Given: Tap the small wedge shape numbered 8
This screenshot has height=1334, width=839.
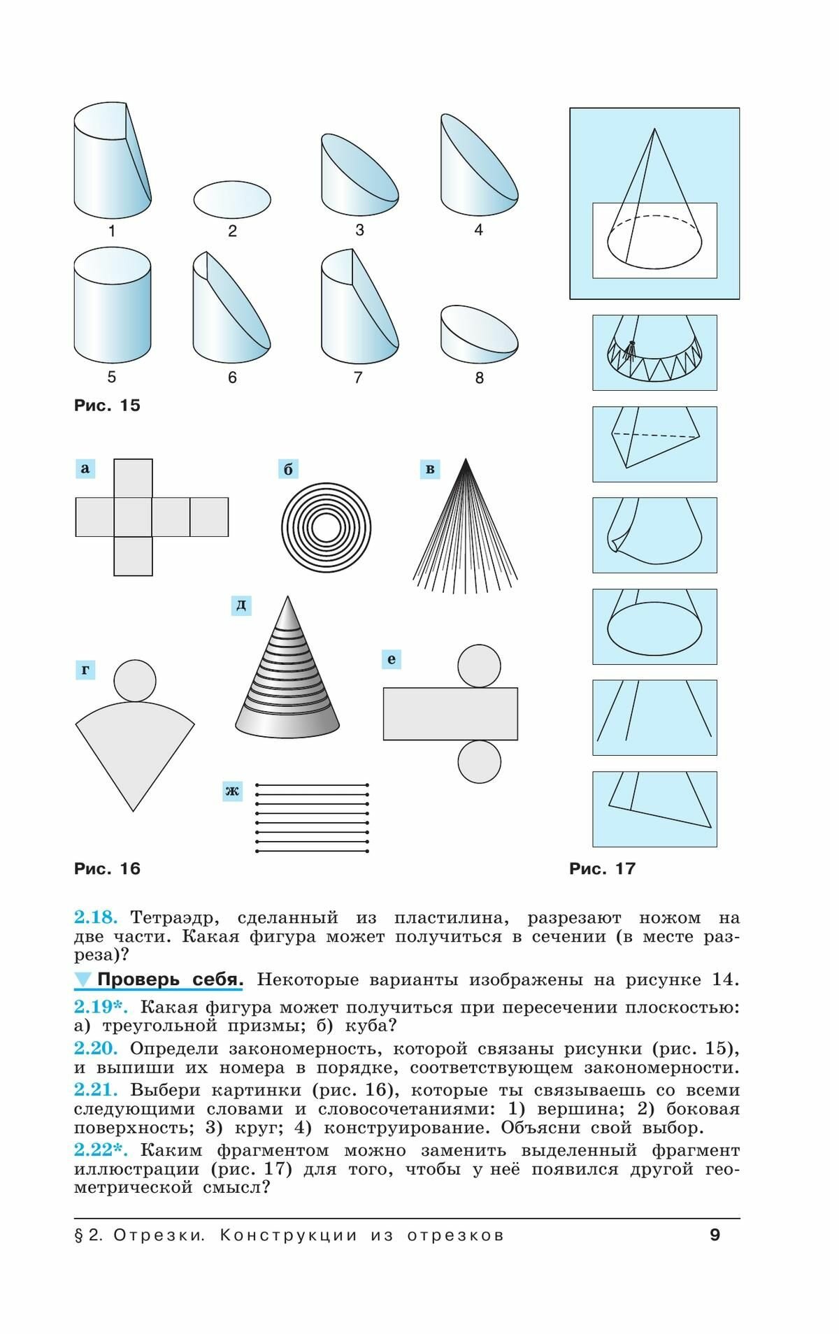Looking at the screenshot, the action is coord(480,334).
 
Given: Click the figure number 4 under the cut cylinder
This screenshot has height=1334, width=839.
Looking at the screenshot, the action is coord(479,229).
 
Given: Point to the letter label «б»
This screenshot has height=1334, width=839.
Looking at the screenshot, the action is coord(288,469).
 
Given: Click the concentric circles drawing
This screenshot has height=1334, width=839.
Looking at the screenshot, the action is coord(326,528).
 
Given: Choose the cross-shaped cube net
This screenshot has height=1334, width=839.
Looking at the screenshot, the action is coord(152,517).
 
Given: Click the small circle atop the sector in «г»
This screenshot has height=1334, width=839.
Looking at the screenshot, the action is coord(135,681).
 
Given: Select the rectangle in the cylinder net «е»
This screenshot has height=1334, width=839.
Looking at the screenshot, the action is coord(450,714).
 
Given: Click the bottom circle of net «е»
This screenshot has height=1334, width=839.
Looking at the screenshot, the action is coord(480,761).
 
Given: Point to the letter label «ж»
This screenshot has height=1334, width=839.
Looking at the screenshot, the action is coord(232,791).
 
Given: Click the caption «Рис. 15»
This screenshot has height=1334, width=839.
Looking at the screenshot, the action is coord(107,406).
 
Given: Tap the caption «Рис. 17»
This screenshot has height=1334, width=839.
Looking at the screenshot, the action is coord(602,869).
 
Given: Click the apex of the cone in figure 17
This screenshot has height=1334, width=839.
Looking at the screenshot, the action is coord(654,129).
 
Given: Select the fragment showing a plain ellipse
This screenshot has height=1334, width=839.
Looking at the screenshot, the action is coord(654,626).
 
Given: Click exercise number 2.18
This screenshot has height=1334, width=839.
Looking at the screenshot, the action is coord(96,917).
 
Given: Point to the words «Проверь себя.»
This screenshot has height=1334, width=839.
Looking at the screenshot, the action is coord(170,980).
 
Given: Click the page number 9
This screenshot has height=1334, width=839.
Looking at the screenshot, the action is coord(715,1235).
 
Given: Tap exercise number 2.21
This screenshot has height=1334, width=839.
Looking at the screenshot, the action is coord(96,1090).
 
